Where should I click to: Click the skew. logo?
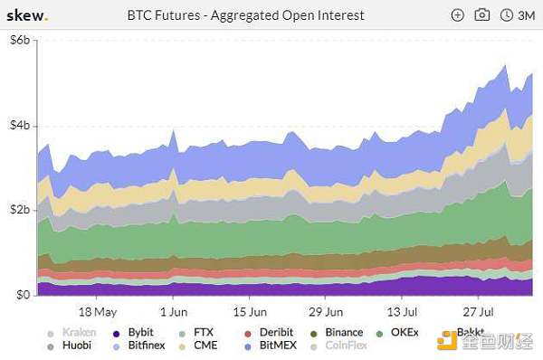click(x=28, y=15)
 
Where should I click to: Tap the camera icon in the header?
click(x=482, y=15)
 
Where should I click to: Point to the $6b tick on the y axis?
click(x=18, y=40)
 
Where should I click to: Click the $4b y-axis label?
click(x=18, y=125)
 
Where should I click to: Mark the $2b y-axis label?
click(x=18, y=210)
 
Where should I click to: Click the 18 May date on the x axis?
click(x=99, y=311)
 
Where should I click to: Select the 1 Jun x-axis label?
click(x=173, y=311)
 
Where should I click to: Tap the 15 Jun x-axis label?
click(x=248, y=311)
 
